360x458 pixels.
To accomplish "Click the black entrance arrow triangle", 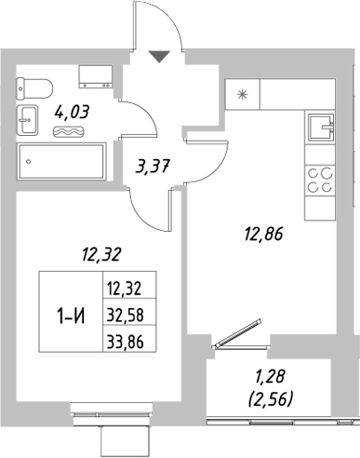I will tap(161, 57).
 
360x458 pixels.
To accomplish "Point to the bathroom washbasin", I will tap(26, 119).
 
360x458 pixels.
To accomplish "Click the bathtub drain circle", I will tap(29, 160).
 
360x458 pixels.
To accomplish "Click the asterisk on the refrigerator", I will tap(245, 93).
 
